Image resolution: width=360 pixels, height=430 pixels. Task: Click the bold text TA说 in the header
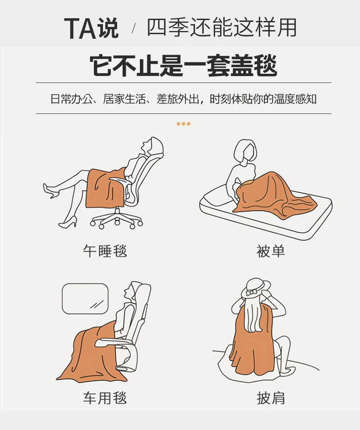point(91,28)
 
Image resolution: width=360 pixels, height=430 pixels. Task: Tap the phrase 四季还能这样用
point(221,28)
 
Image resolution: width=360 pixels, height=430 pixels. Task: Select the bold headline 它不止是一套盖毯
point(183,66)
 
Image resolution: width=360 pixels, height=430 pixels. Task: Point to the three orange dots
point(183,124)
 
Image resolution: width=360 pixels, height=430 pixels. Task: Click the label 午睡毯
point(105,251)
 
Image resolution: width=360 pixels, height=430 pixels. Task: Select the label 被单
point(271,251)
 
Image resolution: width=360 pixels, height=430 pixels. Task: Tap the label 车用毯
point(105,398)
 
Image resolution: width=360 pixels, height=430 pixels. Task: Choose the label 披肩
point(271,398)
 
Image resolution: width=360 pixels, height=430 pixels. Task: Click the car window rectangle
point(85,298)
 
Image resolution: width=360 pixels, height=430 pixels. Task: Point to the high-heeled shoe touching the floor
point(68,222)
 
